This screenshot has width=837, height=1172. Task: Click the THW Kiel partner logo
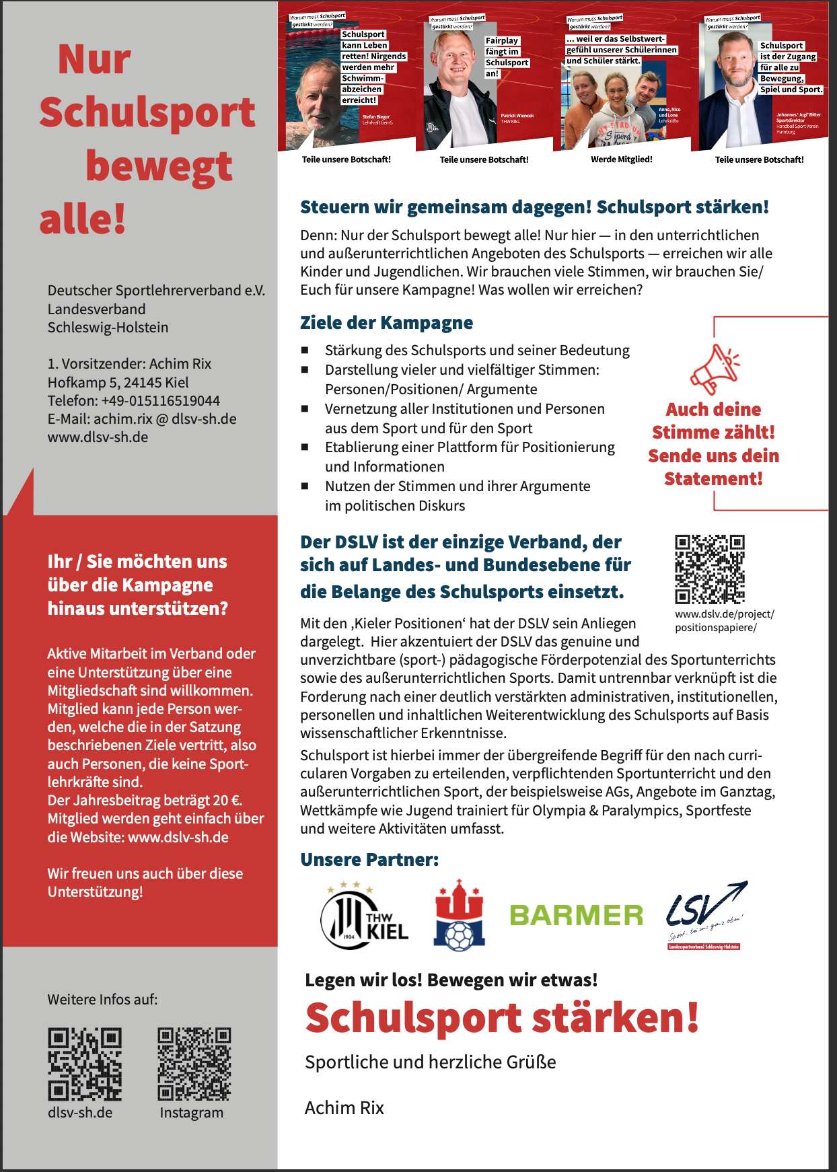(x=365, y=915)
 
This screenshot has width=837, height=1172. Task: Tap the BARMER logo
(x=576, y=916)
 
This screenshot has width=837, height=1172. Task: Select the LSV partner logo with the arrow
(x=706, y=914)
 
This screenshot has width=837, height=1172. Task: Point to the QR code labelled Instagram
(x=194, y=1064)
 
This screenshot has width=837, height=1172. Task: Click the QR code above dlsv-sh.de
(x=85, y=1064)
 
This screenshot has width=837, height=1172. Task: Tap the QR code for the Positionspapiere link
(x=710, y=569)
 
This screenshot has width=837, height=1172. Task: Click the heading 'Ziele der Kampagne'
(x=386, y=323)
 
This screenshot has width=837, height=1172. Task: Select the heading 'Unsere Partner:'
(x=369, y=860)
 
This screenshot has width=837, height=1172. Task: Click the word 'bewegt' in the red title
(x=159, y=166)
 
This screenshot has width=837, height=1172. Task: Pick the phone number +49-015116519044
(x=160, y=401)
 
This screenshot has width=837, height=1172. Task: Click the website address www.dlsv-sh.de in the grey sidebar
(x=98, y=437)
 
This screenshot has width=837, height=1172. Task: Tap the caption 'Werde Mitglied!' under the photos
(x=621, y=159)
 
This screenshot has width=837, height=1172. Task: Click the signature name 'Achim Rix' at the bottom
(x=344, y=1108)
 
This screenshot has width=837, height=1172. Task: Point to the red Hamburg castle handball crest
(x=460, y=915)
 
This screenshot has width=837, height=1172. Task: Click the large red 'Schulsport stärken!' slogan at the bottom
(x=502, y=1018)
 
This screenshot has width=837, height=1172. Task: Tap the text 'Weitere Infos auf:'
(x=102, y=1000)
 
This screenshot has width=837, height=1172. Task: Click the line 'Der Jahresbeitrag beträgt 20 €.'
(x=145, y=801)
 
